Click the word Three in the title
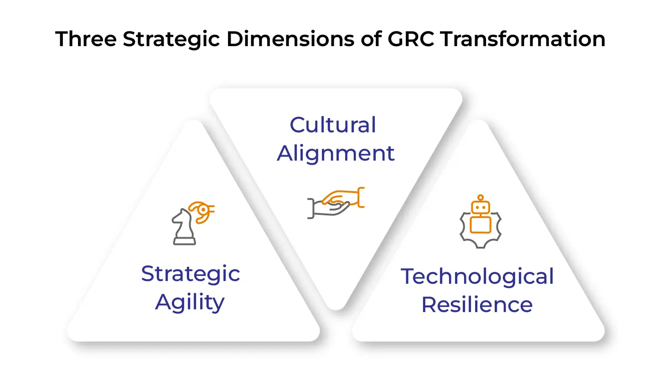[x=86, y=39]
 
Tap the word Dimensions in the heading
[x=290, y=39]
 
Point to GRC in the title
[x=411, y=39]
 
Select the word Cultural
[x=333, y=125]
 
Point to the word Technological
[x=477, y=276]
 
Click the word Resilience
[x=477, y=305]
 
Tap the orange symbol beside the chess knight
[x=202, y=211]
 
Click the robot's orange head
[x=481, y=208]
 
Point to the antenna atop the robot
[x=481, y=198]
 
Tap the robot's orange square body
[x=481, y=224]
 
